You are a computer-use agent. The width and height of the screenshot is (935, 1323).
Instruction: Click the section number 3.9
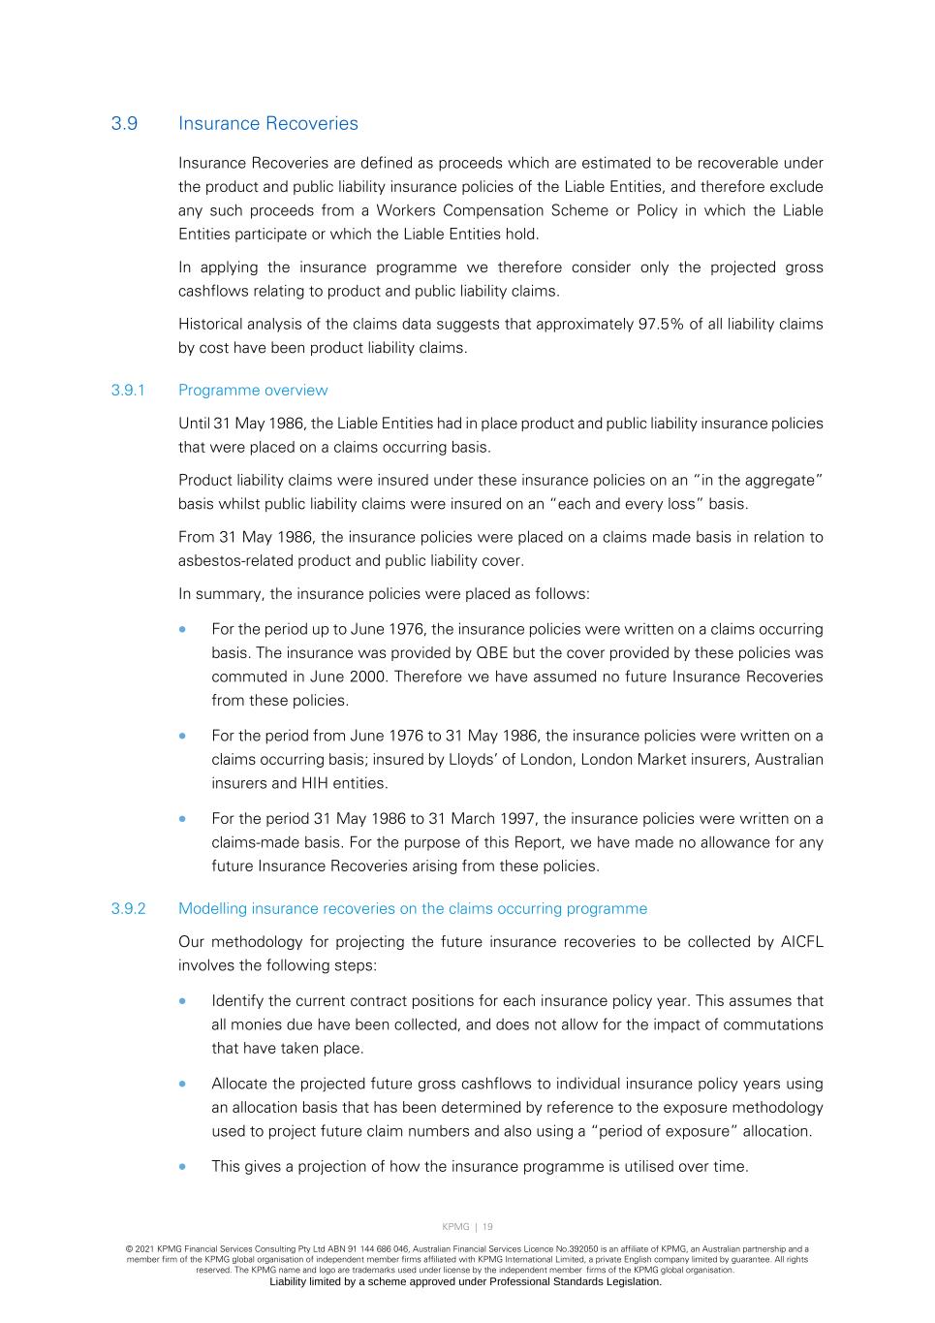click(x=124, y=124)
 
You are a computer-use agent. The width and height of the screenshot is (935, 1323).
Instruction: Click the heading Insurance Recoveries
click(x=267, y=124)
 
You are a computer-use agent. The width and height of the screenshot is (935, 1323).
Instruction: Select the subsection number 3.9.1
click(x=128, y=391)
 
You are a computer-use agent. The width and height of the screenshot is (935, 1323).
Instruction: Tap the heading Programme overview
click(x=253, y=391)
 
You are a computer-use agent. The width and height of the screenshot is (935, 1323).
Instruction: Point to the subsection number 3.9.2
click(x=128, y=909)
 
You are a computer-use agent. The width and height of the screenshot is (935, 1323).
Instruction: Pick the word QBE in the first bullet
click(x=491, y=653)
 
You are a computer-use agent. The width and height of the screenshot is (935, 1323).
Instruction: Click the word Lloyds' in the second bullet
click(x=473, y=760)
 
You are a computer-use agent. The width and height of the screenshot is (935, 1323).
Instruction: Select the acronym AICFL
click(x=801, y=942)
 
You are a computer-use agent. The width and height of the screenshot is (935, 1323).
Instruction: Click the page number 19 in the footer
click(x=487, y=1227)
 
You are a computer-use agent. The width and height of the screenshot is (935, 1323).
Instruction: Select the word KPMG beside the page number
click(x=455, y=1227)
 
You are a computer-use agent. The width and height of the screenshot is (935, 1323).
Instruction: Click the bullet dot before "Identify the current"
click(x=182, y=1001)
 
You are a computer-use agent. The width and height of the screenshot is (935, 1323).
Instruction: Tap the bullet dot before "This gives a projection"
click(x=182, y=1167)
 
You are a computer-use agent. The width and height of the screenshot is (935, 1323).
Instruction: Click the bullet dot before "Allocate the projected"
click(x=182, y=1085)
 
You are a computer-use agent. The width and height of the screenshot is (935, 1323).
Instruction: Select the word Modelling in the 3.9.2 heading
click(x=212, y=909)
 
